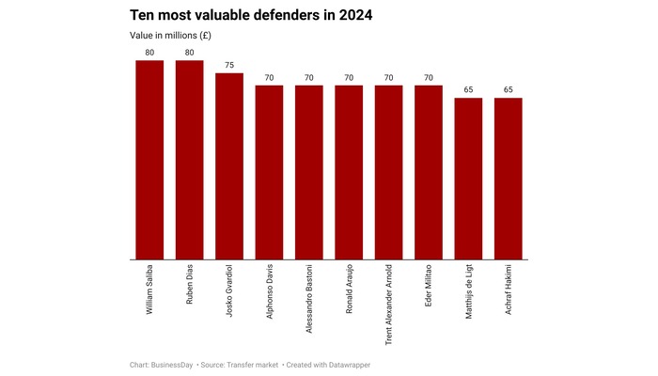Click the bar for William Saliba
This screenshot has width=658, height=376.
[x=149, y=160]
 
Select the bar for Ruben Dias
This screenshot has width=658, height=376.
[x=189, y=160]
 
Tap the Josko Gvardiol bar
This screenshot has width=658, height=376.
[x=229, y=165]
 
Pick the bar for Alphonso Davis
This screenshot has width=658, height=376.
[x=269, y=172]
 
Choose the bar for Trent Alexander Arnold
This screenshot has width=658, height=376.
[x=388, y=172]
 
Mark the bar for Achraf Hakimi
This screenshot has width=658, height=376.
[x=508, y=179]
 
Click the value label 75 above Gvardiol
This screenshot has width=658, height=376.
[x=229, y=66]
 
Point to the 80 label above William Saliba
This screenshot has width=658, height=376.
[x=149, y=54]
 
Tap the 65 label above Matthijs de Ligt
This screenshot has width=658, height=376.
[x=468, y=90]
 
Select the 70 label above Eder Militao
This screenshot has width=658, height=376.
[x=429, y=78]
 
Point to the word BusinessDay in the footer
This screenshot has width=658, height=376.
[x=175, y=364]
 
